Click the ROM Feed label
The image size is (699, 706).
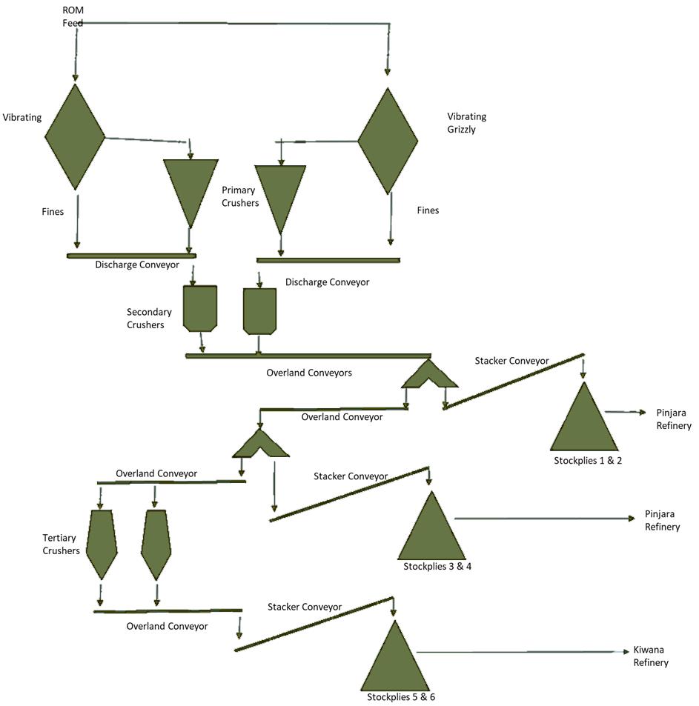(73, 16)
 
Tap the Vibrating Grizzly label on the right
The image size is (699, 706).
(466, 123)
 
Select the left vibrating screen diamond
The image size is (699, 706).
(75, 136)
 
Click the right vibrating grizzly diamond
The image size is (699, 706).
(388, 141)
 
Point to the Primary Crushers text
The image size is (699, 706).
(240, 196)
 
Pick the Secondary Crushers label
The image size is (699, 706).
(149, 319)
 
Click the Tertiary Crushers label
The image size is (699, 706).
(62, 544)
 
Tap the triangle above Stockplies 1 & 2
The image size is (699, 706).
(584, 416)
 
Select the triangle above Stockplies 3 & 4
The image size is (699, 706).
(431, 525)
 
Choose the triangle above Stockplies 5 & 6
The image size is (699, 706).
(395, 656)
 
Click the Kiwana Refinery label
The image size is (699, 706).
(651, 656)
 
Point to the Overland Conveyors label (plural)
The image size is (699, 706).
(309, 373)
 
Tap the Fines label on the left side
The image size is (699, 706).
(53, 212)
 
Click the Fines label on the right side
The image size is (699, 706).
(428, 210)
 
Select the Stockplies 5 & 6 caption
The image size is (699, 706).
(401, 697)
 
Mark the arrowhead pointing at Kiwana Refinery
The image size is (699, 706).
(626, 651)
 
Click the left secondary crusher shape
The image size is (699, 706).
(200, 308)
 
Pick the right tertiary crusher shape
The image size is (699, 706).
(156, 545)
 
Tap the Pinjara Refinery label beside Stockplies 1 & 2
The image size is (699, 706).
(674, 419)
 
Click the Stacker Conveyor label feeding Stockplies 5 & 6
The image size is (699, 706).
(305, 607)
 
